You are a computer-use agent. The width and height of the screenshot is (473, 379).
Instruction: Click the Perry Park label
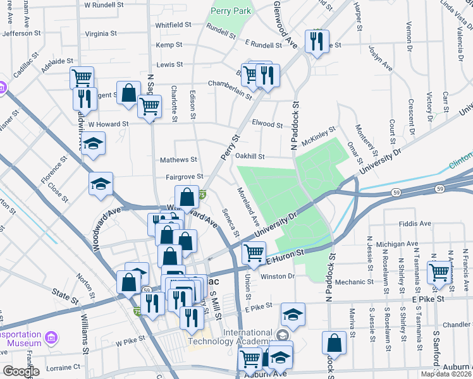point(232,11)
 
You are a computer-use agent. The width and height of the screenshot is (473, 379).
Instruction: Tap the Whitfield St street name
point(173,25)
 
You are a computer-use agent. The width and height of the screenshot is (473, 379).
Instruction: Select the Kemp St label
point(169,45)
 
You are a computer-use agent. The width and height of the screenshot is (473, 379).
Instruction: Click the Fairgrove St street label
point(184,177)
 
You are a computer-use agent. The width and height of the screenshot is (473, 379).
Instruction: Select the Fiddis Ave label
point(415,224)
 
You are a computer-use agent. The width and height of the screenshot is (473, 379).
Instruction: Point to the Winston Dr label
point(278,276)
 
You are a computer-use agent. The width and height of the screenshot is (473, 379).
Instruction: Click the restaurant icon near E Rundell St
point(315,42)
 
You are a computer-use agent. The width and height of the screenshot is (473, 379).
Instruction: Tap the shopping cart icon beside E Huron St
point(254,253)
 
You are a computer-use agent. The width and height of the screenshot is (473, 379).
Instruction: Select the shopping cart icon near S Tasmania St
point(438,272)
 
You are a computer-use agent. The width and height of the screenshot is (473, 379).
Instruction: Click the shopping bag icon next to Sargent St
point(128,93)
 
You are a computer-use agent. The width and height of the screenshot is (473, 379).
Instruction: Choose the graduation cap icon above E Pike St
point(293,314)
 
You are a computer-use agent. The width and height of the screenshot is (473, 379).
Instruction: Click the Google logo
point(21,371)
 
